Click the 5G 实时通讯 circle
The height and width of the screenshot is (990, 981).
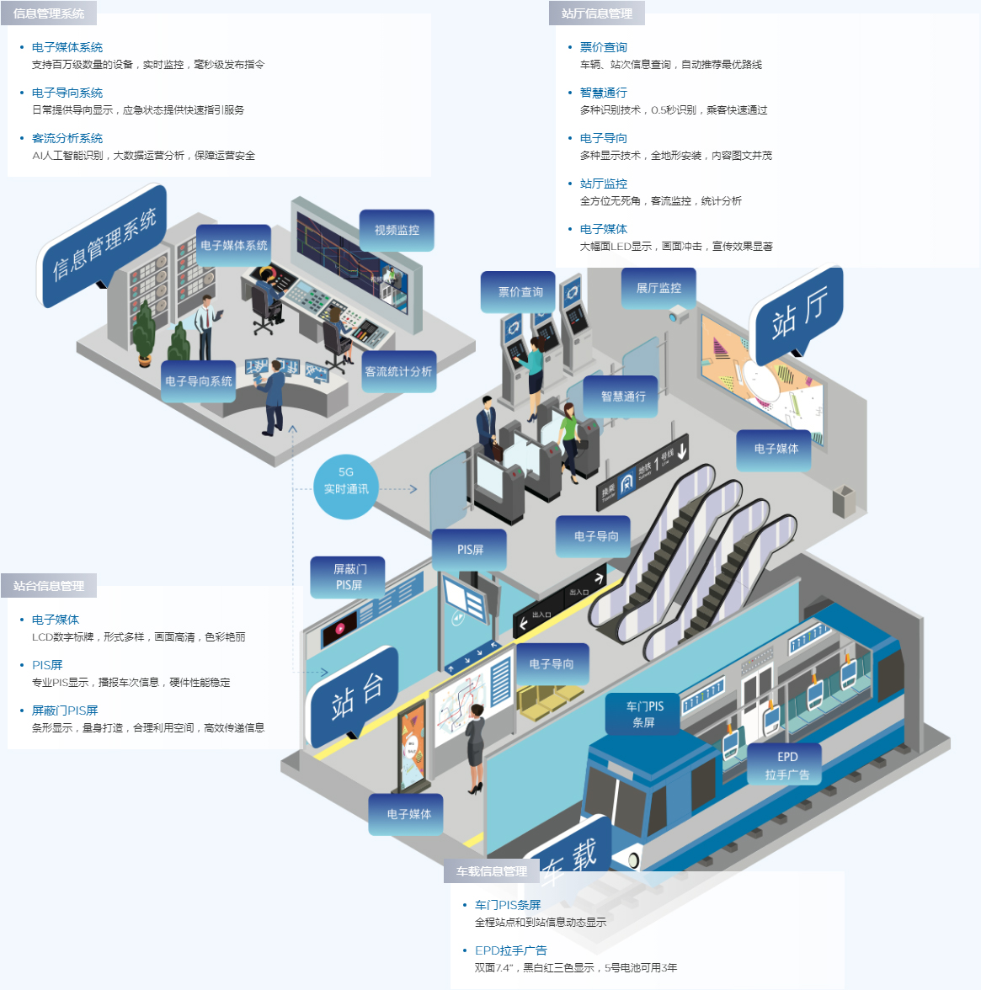point(346,487)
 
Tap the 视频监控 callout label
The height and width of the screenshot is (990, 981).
point(397,230)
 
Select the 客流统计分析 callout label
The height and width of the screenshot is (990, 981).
point(398,371)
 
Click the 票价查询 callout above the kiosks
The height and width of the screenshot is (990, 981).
point(520,292)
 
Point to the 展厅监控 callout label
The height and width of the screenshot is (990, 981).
point(658,288)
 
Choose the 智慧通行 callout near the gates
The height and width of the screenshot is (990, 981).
point(623,397)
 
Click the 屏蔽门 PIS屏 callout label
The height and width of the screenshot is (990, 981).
point(349,577)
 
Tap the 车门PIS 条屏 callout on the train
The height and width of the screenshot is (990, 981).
point(644,714)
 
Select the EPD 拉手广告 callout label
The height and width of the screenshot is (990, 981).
point(786,765)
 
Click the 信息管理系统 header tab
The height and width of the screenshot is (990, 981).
point(49,13)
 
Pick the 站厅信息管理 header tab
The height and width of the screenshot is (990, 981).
point(597,13)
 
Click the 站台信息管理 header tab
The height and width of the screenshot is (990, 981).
point(49,586)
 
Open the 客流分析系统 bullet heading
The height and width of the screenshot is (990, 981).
point(67,138)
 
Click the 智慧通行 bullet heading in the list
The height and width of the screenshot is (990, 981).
point(603,93)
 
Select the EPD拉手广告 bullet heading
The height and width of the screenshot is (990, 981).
point(510,950)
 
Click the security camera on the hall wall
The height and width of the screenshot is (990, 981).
point(678,315)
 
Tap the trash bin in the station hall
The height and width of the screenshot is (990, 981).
point(843,502)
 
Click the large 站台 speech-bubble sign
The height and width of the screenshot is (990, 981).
point(355,695)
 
